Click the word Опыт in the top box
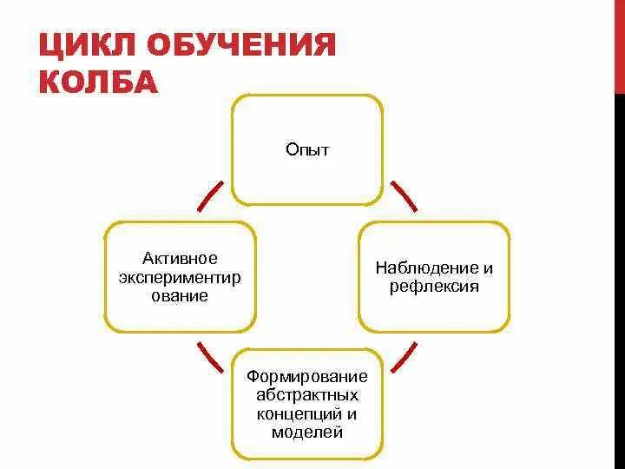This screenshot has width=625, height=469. pyautogui.click(x=307, y=149)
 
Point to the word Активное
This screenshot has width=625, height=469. pyautogui.click(x=181, y=259)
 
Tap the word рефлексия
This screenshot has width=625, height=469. pyautogui.click(x=434, y=287)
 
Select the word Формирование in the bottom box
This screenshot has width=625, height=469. pyautogui.click(x=307, y=377)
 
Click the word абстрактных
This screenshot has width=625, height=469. pyautogui.click(x=307, y=395)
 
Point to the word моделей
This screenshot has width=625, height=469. pyautogui.click(x=307, y=432)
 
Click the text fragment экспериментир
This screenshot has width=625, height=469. pyautogui.click(x=181, y=277)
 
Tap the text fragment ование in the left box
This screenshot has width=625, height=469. pyautogui.click(x=181, y=295)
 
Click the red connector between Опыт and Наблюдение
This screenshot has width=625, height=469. pyautogui.click(x=403, y=196)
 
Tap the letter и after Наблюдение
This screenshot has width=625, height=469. pyautogui.click(x=489, y=268)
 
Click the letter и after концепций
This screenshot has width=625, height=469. pyautogui.click(x=352, y=413)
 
